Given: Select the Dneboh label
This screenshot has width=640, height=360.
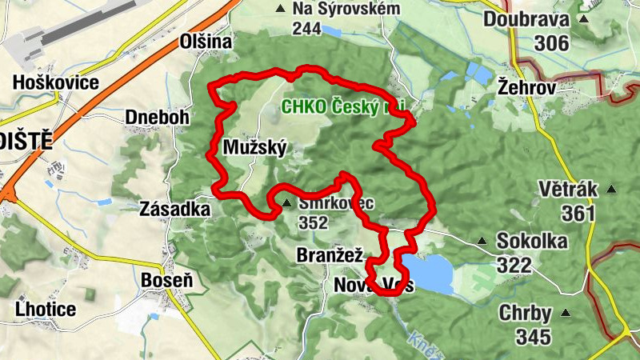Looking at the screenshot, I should [157, 118].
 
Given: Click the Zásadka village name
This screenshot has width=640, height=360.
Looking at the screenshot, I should [174, 209].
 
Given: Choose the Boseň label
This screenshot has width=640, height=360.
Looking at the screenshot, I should [166, 280].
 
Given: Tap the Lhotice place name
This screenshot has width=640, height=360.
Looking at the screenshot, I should [46, 309].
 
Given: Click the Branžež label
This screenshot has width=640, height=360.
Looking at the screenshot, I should [330, 256].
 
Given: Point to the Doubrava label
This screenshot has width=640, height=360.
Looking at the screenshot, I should [526, 19].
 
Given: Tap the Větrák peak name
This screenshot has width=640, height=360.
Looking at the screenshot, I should [570, 189].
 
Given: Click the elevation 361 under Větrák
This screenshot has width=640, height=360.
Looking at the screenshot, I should [578, 213].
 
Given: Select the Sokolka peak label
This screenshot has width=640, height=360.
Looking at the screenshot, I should [532, 241].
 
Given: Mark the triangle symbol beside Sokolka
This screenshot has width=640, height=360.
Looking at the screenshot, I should [482, 241].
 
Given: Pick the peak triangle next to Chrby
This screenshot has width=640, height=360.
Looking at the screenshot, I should [566, 313].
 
